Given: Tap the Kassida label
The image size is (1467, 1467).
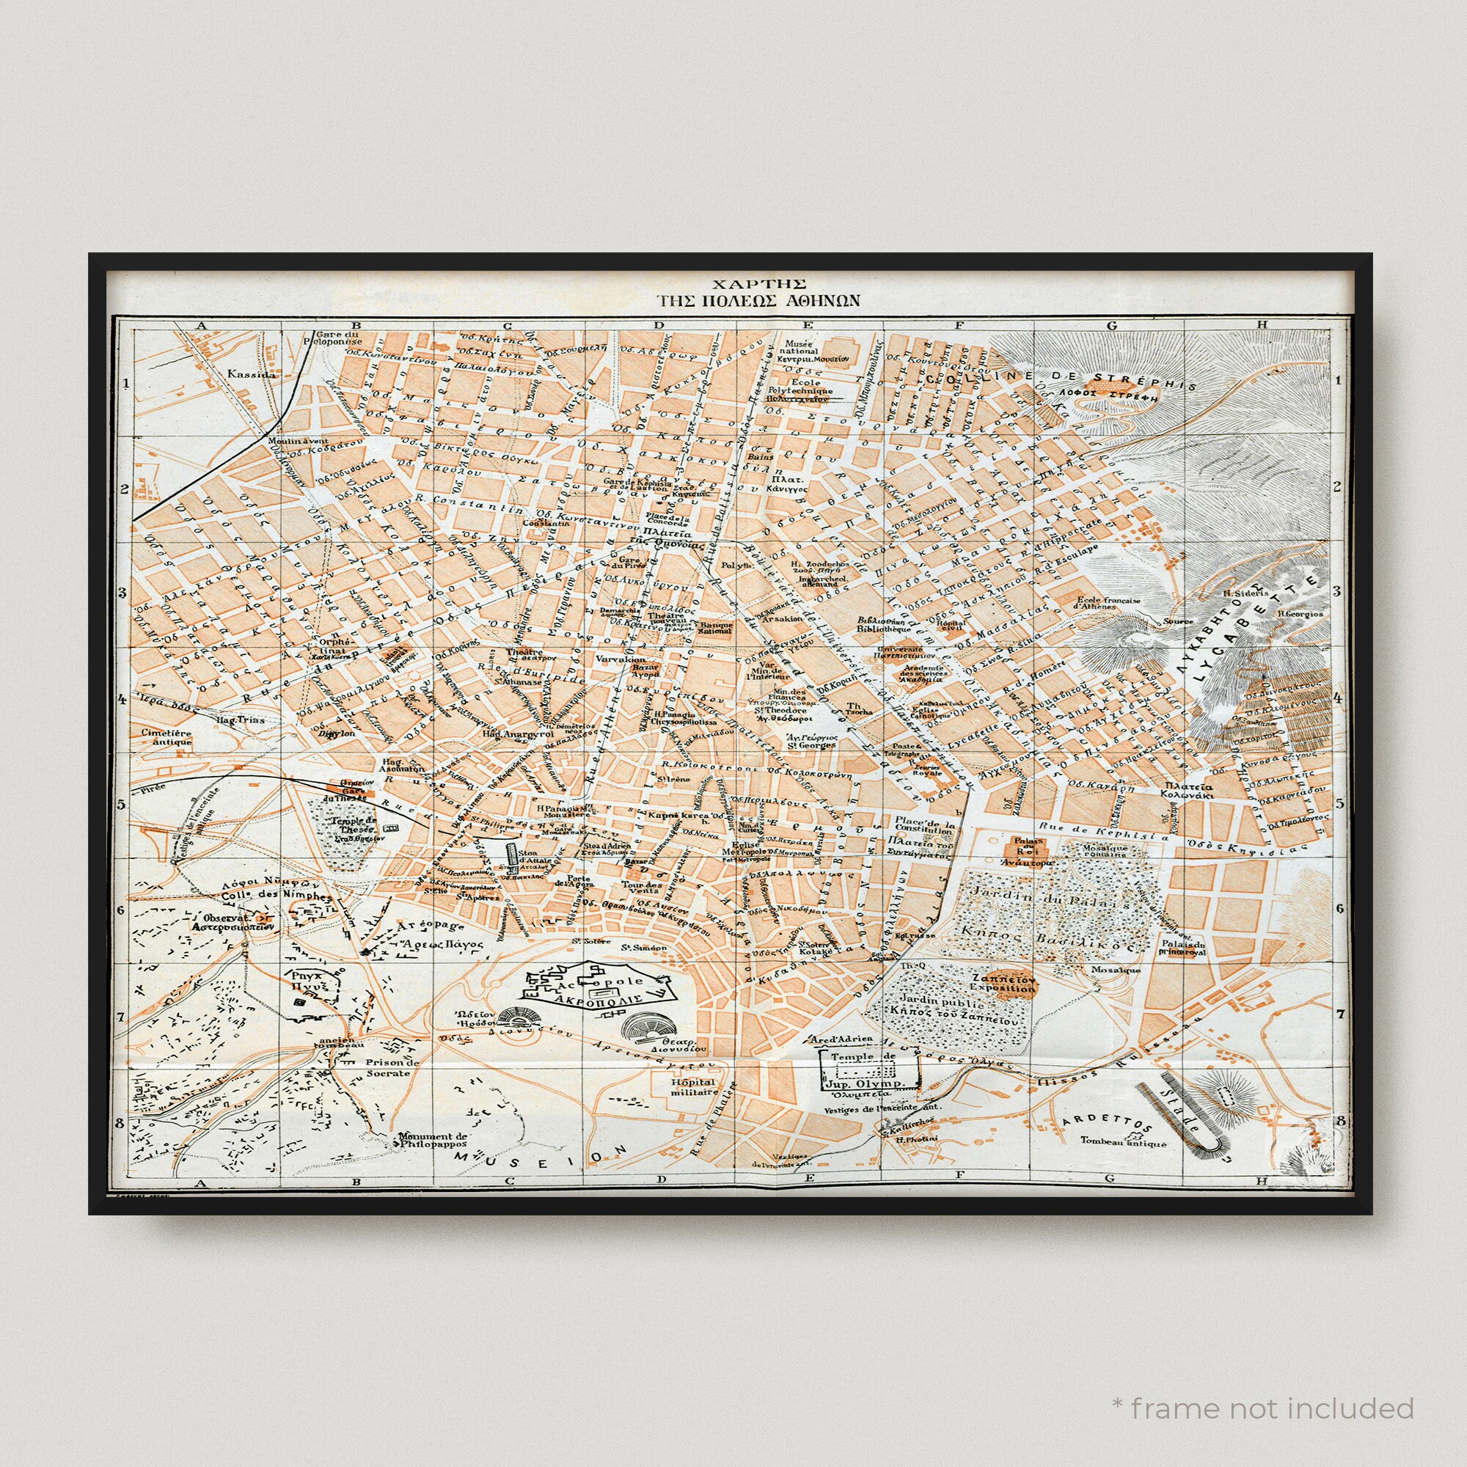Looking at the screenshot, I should click(x=251, y=373).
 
